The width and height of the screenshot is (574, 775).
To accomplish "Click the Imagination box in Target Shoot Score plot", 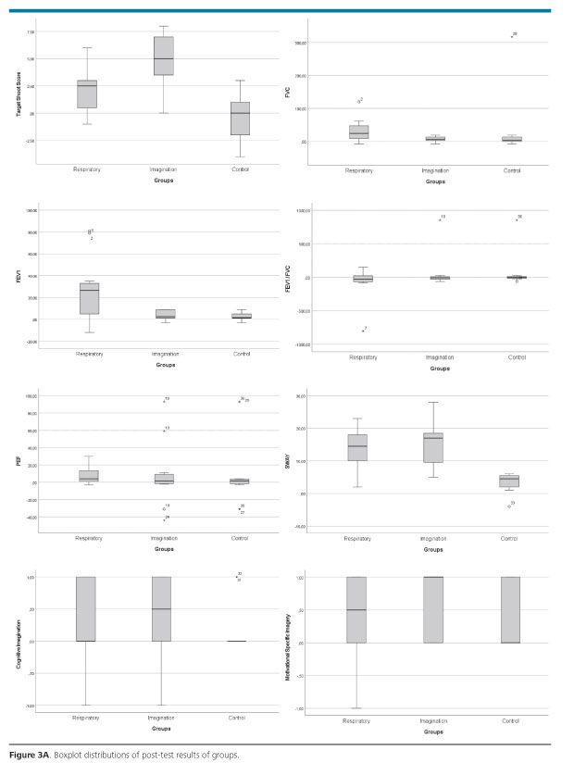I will [163, 56].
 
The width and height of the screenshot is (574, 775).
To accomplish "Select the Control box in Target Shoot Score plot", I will [240, 119].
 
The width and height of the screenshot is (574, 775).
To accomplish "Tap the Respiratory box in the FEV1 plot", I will [90, 298].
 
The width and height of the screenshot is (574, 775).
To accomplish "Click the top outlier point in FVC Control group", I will [511, 36].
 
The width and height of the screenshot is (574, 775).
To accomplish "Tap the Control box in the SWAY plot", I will [509, 481].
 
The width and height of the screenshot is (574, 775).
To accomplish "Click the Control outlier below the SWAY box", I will [508, 506].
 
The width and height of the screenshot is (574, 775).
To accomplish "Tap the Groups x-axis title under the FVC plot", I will [435, 181].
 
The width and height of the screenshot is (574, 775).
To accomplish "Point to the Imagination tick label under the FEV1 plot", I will [164, 354].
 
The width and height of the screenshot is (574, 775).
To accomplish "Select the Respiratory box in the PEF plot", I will [88, 475].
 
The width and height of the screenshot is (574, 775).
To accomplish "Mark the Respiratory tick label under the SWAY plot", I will [357, 538].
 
